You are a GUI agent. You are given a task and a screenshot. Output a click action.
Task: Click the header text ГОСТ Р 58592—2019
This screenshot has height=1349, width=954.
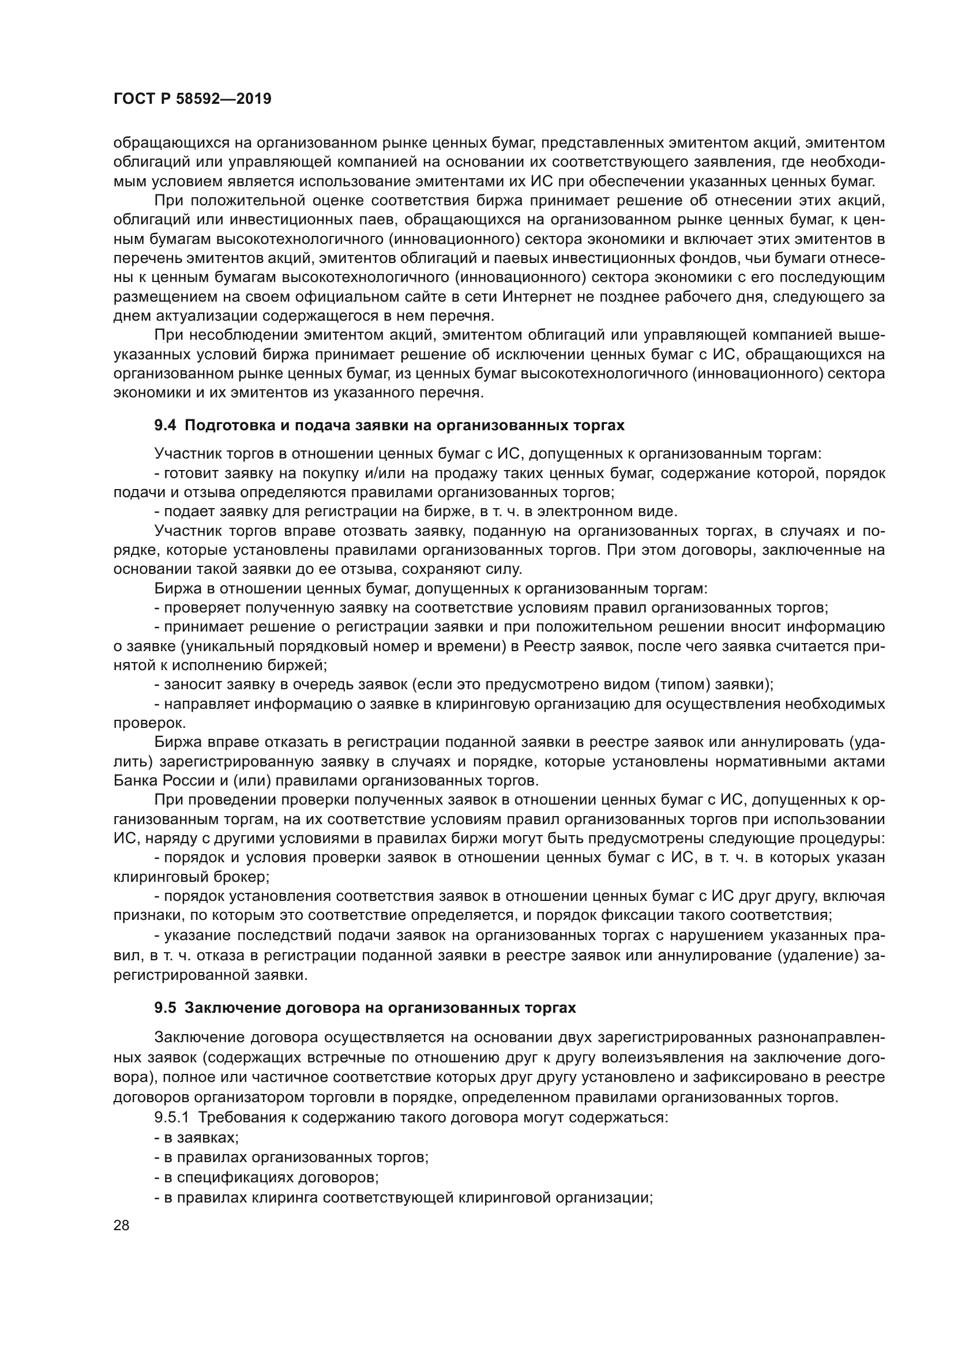(x=192, y=99)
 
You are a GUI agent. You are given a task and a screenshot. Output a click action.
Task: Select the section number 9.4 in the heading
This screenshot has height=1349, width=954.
(x=165, y=426)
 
